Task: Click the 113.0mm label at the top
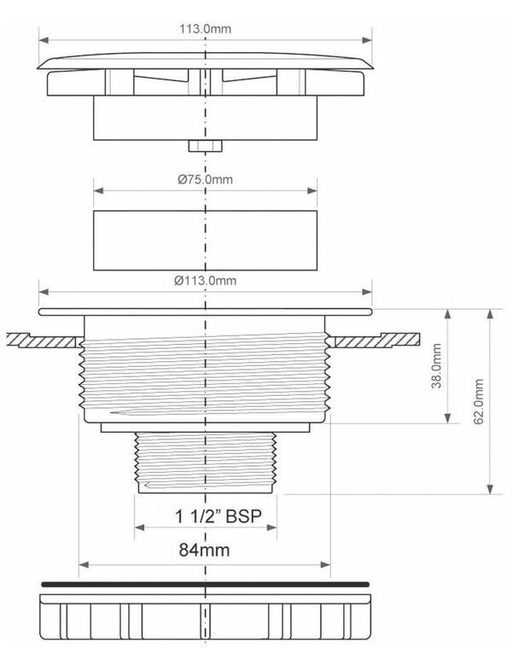205,29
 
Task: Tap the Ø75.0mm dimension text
205,179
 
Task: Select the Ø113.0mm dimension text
205,281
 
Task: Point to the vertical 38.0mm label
436,365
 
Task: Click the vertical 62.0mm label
479,401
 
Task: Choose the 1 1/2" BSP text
218,516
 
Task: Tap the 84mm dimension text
204,550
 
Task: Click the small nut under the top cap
205,146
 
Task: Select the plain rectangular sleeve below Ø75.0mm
205,241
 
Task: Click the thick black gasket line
205,584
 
